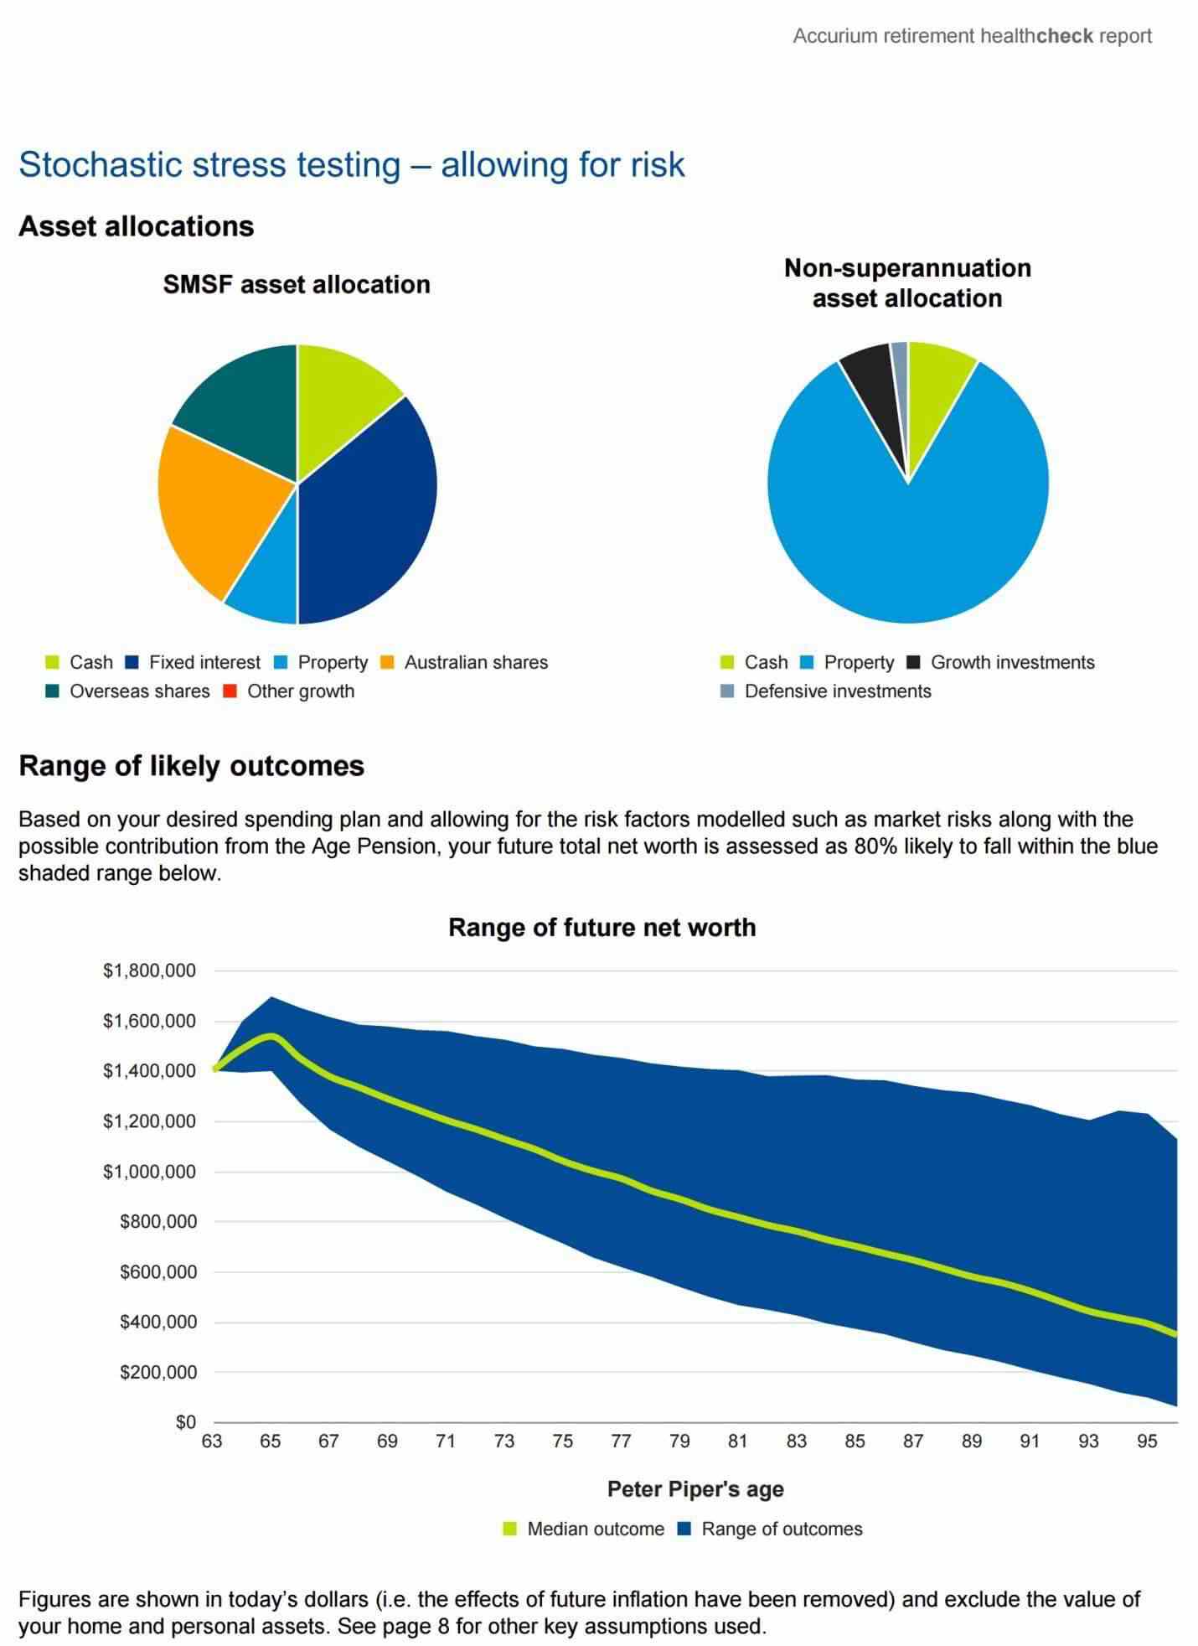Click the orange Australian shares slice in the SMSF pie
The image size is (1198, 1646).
[218, 511]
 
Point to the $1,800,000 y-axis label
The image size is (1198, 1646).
[149, 971]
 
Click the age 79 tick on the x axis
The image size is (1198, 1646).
[679, 1442]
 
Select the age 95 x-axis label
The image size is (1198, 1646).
[1147, 1442]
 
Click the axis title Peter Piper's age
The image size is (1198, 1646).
[695, 1489]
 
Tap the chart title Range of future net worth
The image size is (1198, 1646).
[602, 928]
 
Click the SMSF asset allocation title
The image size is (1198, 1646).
[297, 285]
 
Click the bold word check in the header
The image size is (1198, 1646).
[1065, 36]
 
